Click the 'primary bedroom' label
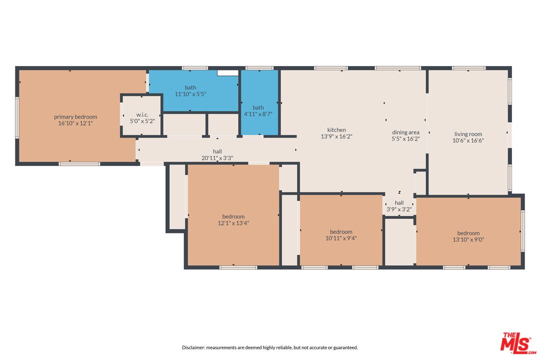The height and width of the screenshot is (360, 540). (75, 117)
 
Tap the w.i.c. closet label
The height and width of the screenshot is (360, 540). (142, 114)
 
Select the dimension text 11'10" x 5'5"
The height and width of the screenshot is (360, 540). (190, 93)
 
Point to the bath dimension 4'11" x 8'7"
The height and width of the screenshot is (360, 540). (258, 113)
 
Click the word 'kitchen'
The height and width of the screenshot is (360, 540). (336, 130)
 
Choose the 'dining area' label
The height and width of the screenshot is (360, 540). (405, 132)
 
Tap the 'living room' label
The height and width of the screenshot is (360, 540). (468, 134)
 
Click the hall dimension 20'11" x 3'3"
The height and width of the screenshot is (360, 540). (217, 158)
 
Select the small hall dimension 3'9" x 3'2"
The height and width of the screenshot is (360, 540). (399, 209)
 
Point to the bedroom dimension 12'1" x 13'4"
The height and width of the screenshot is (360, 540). (233, 223)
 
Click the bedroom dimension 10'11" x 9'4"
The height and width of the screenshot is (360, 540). (341, 238)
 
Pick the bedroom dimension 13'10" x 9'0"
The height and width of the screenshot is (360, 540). (468, 239)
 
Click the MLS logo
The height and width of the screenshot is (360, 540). (518, 343)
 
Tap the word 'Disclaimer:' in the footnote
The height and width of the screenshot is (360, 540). (193, 347)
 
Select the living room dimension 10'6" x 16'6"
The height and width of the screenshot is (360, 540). (468, 140)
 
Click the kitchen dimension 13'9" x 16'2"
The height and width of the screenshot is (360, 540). (336, 136)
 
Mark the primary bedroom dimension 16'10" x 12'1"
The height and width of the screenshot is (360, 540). (75, 123)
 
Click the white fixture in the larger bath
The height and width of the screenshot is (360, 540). (227, 73)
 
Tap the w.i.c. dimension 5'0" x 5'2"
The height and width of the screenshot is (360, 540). (142, 121)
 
